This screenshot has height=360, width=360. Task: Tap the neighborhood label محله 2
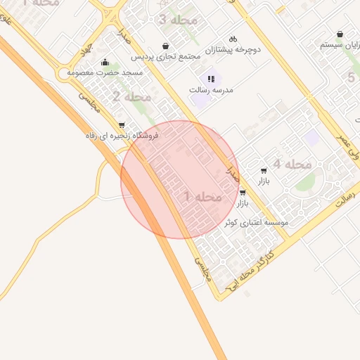pyautogui.click(x=131, y=96)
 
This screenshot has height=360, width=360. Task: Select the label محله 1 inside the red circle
pyautogui.click(x=203, y=197)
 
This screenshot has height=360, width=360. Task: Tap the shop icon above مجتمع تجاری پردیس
pyautogui.click(x=165, y=44)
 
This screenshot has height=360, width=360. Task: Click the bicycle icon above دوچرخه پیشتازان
pyautogui.click(x=233, y=39)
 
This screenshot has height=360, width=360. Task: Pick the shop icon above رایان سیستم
pyautogui.click(x=340, y=33)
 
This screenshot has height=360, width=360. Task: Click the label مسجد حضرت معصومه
pyautogui.click(x=105, y=72)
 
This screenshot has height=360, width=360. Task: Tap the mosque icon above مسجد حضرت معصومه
pyautogui.click(x=105, y=62)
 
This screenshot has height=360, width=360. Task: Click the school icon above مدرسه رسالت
pyautogui.click(x=210, y=78)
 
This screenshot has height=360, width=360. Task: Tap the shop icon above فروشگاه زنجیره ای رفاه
pyautogui.click(x=122, y=124)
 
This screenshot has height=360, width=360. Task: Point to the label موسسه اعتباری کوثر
pyautogui.click(x=256, y=222)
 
